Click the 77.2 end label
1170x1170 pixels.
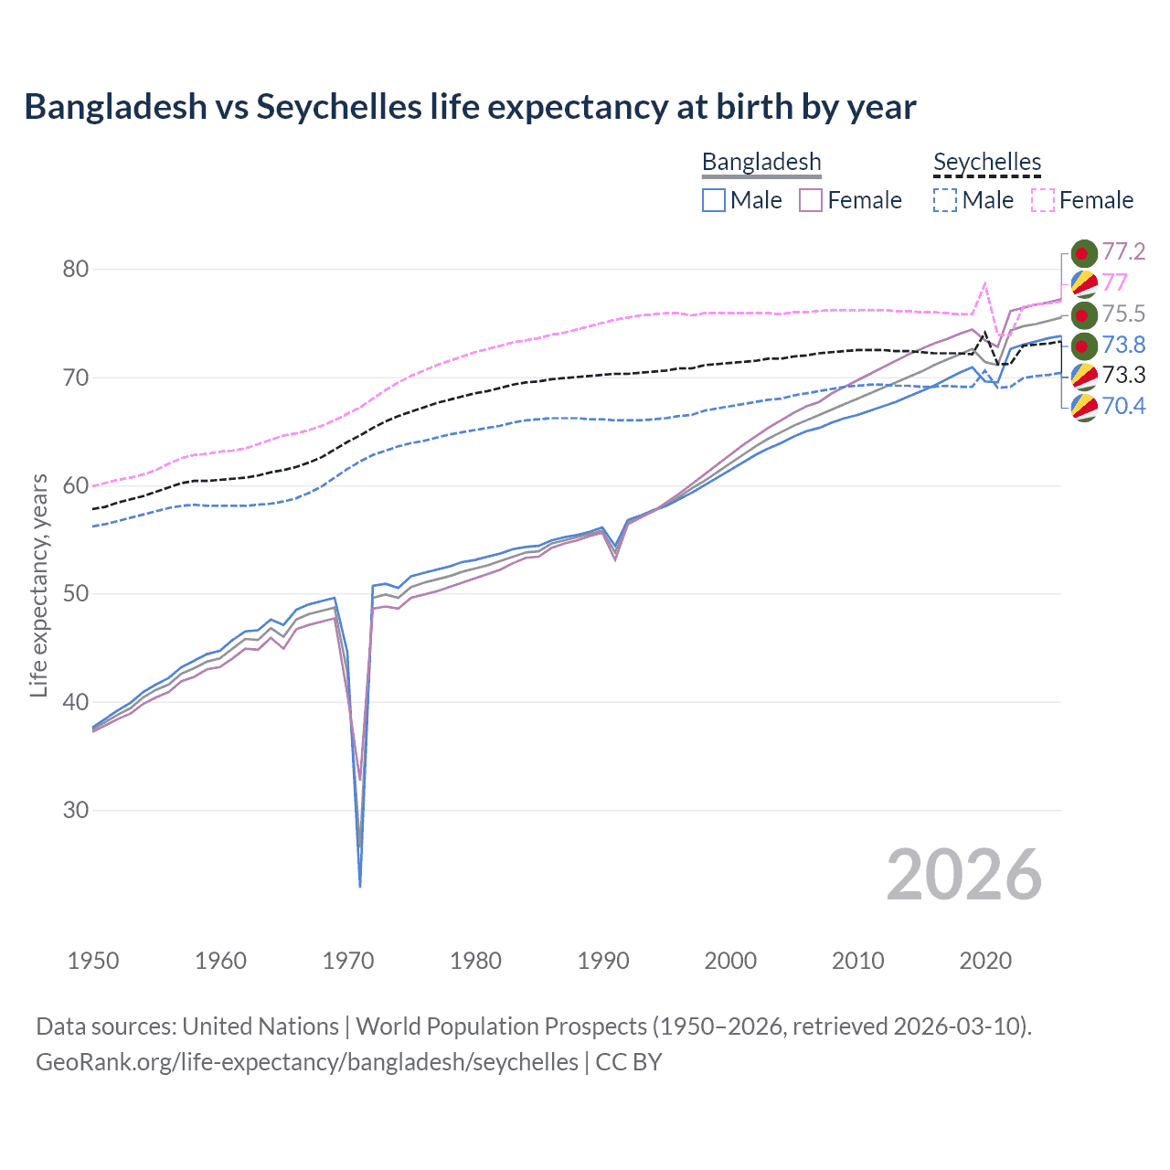tap(1123, 251)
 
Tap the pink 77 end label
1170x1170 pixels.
tap(1114, 282)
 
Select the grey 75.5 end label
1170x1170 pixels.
tap(1123, 314)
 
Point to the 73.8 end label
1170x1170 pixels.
tap(1123, 345)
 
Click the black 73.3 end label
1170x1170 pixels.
tap(1123, 375)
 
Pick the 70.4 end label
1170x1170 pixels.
tap(1123, 406)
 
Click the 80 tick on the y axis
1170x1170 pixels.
tap(76, 269)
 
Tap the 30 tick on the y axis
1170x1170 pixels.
tap(76, 810)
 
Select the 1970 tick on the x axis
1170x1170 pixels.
tap(348, 961)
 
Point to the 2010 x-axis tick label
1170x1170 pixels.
tap(857, 961)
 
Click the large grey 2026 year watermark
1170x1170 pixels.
tap(964, 875)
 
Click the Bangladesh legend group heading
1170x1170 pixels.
tap(761, 162)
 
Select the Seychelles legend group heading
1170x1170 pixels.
tap(987, 162)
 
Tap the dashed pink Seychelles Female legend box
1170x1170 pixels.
tap(1043, 200)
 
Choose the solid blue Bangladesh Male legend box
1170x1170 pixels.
tap(714, 200)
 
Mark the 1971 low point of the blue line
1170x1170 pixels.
tap(360, 886)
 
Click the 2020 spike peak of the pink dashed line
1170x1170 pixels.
tap(984, 284)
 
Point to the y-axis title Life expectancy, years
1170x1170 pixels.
tap(38, 586)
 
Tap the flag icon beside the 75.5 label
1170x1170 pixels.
tap(1083, 314)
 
